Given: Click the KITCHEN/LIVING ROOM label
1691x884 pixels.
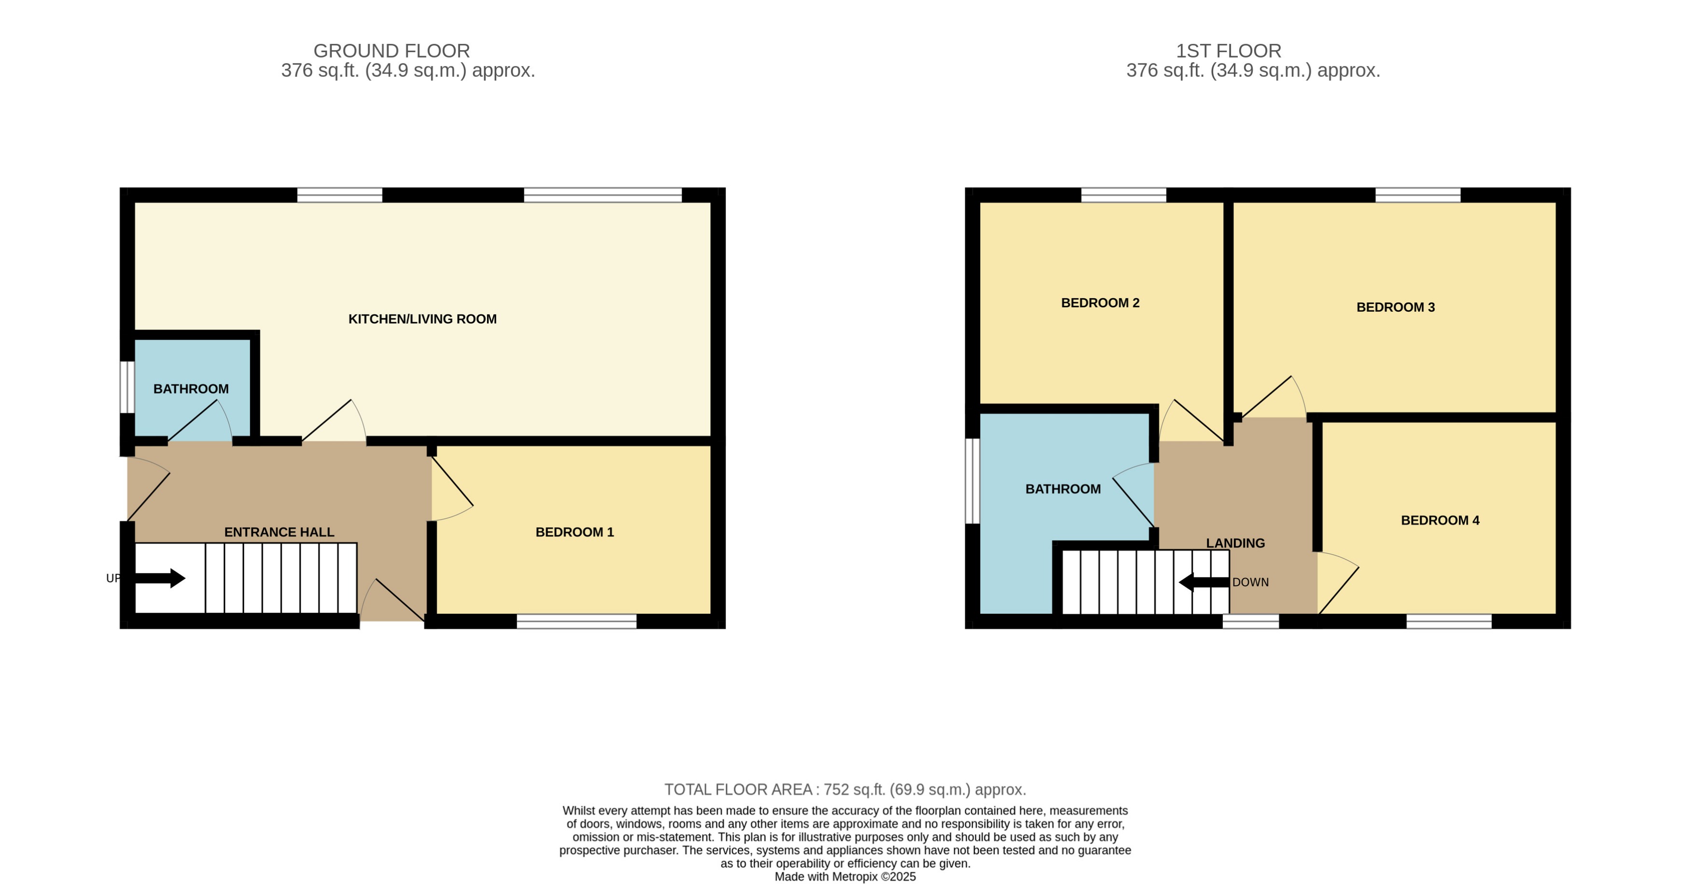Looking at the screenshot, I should pos(422,319).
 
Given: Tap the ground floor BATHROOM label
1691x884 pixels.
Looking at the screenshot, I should pos(191,389).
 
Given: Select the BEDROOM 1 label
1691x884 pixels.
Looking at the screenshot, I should pos(574,532).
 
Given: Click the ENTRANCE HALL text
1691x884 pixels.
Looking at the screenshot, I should pos(279,532).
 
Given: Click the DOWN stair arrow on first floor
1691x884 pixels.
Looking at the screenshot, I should pos(1203,582).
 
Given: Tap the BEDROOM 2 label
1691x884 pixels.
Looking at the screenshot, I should pos(1100,303).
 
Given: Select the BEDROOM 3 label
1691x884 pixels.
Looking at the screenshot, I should pos(1396,307).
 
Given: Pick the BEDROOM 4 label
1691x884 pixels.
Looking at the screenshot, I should pos(1440,520).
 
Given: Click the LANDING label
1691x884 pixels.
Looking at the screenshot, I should pos(1235,543).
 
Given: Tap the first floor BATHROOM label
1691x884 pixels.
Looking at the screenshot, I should pos(1063,489).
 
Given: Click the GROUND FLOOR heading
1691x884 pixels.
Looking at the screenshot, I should pos(391,51).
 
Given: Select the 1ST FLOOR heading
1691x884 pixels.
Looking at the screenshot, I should pos(1228,51).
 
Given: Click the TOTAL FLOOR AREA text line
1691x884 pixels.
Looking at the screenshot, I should pos(845,789).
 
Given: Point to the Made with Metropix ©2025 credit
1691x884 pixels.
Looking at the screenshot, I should pos(845,877).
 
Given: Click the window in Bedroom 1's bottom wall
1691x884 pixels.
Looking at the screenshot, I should pos(576,621).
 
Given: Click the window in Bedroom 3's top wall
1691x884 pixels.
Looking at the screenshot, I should pos(1418,195).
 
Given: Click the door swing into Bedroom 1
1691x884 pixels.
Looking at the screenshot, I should pos(450,489).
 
